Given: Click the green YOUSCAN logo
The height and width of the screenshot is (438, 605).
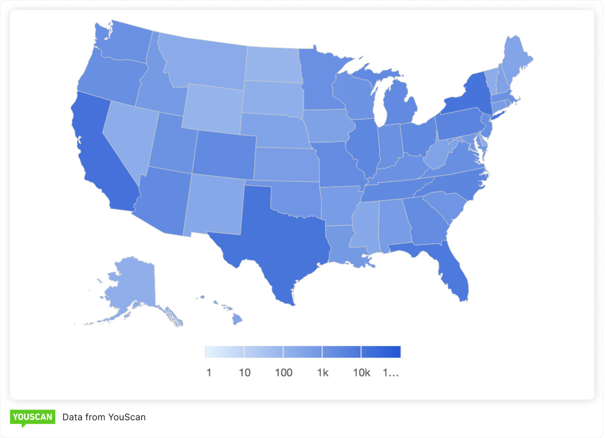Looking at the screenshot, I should coord(33,417).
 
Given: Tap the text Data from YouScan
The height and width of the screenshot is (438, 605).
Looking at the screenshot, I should coord(104,417).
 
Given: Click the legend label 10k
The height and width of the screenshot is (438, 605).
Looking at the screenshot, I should coord(361,373).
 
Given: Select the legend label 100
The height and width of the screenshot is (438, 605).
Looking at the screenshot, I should coord(284,373).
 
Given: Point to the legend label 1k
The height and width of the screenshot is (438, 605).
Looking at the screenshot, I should coord(322,373).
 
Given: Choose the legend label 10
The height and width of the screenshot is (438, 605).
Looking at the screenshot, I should coord(244,373).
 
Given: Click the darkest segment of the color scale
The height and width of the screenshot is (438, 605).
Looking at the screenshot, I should coord(381,352).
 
